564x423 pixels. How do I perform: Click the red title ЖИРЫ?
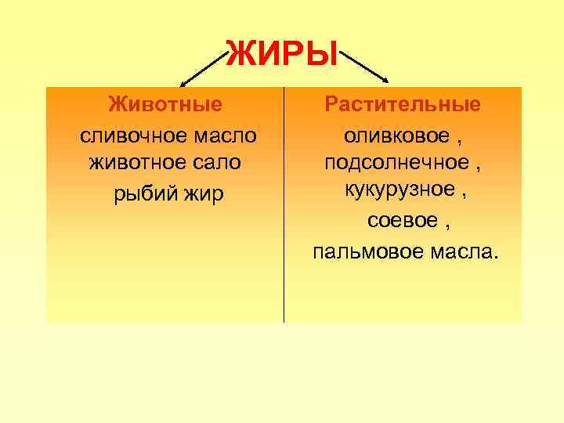click(282, 53)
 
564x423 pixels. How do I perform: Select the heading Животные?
click(165, 104)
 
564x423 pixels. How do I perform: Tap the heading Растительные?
click(403, 104)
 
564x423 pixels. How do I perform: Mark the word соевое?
click(397, 222)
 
